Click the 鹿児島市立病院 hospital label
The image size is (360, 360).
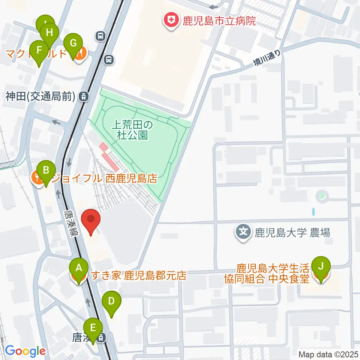[x=219, y=21]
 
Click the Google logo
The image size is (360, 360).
[x=25, y=351]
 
